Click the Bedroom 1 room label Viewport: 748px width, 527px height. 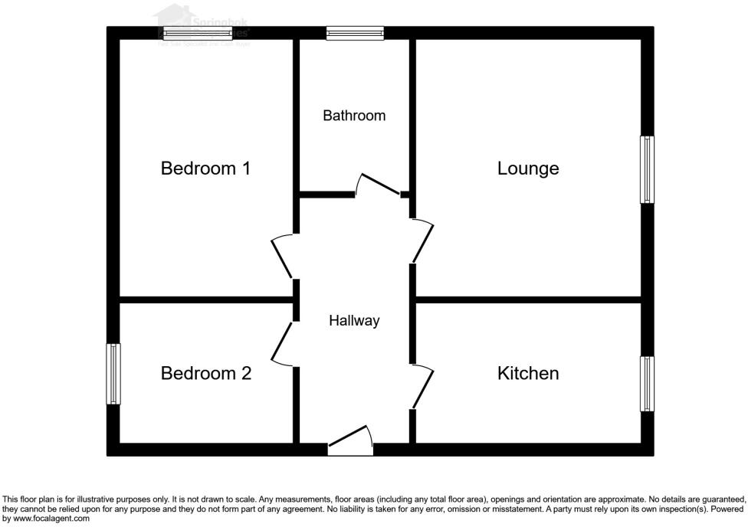tap(205, 169)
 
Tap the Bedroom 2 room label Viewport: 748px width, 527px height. tap(205, 374)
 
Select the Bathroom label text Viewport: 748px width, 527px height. tap(354, 116)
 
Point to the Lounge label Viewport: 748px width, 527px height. tap(528, 169)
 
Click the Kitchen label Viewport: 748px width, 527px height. tap(528, 374)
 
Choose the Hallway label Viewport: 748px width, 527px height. tap(354, 321)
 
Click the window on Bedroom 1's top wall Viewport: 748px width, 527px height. tap(198, 33)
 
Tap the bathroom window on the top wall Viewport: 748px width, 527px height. tap(354, 33)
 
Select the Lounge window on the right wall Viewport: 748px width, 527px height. tap(648, 169)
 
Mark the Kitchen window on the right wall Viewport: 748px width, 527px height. tap(648, 384)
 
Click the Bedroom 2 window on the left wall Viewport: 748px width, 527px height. tap(113, 374)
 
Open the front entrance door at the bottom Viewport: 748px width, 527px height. tap(350, 444)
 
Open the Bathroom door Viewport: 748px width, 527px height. tap(379, 185)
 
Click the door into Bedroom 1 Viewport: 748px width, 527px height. tap(282, 257)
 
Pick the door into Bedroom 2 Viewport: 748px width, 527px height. tap(282, 342)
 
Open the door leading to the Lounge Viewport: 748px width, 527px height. tap(423, 241)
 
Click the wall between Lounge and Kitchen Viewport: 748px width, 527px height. tap(528, 299)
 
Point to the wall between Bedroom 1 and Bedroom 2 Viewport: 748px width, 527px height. tap(205, 299)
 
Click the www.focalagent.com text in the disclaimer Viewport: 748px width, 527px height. tap(51, 519)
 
